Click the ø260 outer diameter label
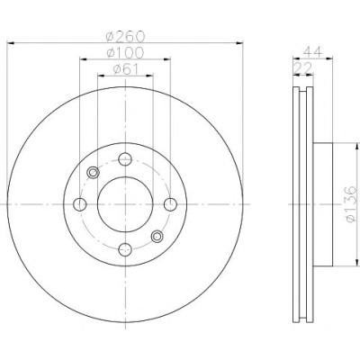pyautogui.click(x=125, y=37)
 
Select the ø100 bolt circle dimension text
pyautogui.click(x=125, y=53)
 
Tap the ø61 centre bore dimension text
pyautogui.click(x=126, y=69)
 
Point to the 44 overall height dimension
pyautogui.click(x=312, y=52)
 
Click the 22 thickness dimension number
pyautogui.click(x=303, y=68)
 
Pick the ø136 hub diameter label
pyautogui.click(x=351, y=204)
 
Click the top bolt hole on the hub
pyautogui.click(x=125, y=159)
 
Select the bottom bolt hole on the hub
pyautogui.click(x=125, y=249)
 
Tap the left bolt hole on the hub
pyautogui.click(x=80, y=204)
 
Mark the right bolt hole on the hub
pyautogui.click(x=170, y=204)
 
